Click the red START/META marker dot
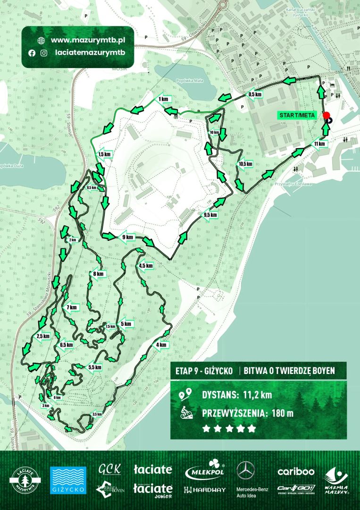(x=326, y=115)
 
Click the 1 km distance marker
(x=163, y=99)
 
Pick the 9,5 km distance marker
(x=210, y=215)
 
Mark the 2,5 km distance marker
(x=42, y=336)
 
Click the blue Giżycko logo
(x=68, y=480)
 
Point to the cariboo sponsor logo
(x=296, y=471)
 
